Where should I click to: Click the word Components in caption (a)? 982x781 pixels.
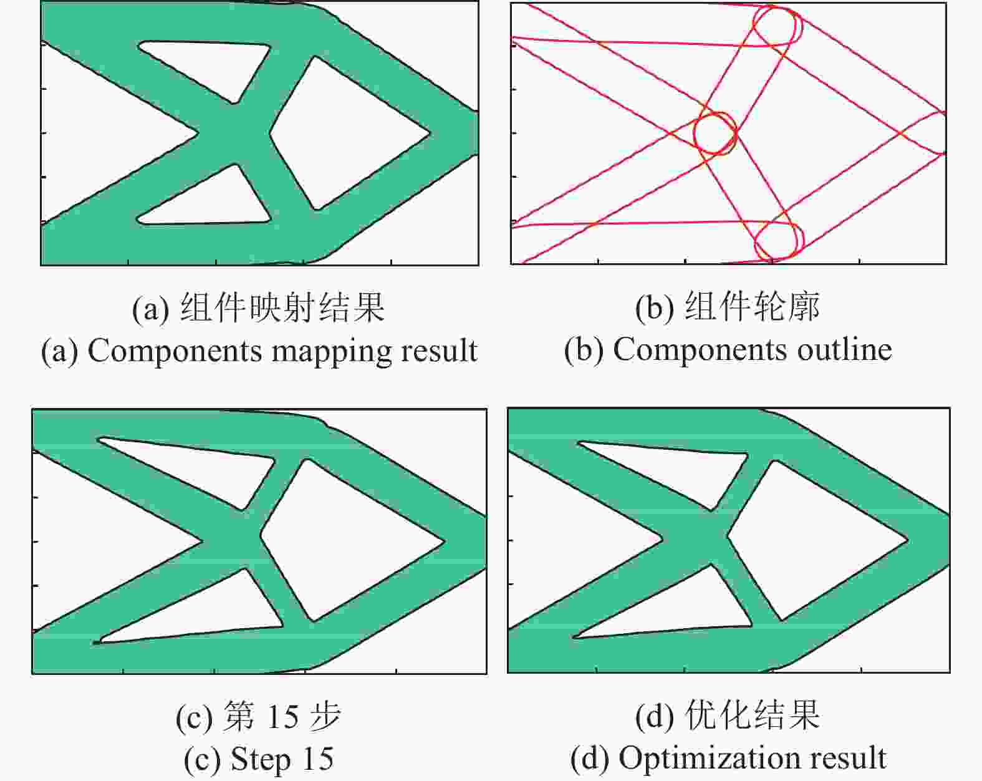coord(174,351)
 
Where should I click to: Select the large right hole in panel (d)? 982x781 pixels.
coord(817,541)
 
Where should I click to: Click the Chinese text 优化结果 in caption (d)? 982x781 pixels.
coord(752,715)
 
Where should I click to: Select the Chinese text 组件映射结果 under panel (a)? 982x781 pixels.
coord(282,308)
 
